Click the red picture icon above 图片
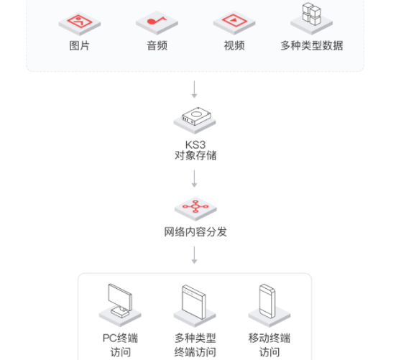[x=80, y=22]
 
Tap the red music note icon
[x=156, y=20]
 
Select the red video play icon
[x=234, y=20]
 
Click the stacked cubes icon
[x=311, y=14]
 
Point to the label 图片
[x=79, y=46]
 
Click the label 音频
[x=157, y=46]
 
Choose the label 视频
[x=234, y=46]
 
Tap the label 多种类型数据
[x=312, y=46]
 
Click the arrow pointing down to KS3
[x=194, y=90]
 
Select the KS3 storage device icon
[x=196, y=116]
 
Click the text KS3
[x=195, y=144]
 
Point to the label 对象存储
[x=195, y=155]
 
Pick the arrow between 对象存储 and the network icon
[x=194, y=179]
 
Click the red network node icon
[x=195, y=206]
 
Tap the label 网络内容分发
[x=195, y=232]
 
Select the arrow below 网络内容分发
[x=194, y=255]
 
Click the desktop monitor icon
[x=120, y=300]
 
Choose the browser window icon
[x=194, y=302]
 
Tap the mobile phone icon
[x=267, y=301]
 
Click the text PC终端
[x=120, y=338]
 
